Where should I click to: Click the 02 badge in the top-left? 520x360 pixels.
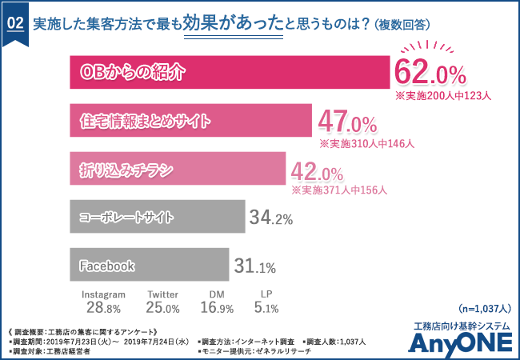(x=15, y=24)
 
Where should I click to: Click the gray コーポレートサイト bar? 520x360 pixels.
(x=157, y=217)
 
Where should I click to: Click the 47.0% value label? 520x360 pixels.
(x=347, y=122)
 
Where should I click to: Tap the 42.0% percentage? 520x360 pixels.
(x=318, y=170)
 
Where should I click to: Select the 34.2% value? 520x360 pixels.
(x=271, y=218)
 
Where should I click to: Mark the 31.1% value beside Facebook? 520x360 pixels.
(x=254, y=266)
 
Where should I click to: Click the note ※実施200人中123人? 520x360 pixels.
(x=443, y=95)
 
